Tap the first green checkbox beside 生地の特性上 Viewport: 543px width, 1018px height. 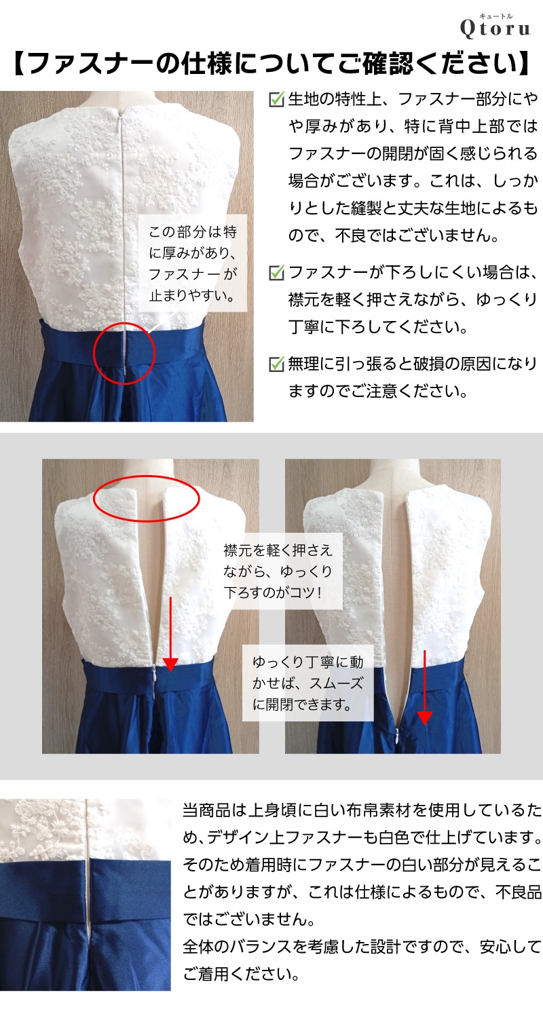point(276,100)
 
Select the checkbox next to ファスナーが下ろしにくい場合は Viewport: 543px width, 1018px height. point(276,273)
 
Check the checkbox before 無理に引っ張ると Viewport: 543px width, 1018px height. point(276,364)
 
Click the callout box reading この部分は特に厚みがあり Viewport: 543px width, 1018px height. point(193,263)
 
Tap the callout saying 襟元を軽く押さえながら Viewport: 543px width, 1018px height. point(278,571)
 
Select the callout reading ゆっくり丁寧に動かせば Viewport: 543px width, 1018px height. point(307,683)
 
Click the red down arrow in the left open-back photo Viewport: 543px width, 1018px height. point(170,634)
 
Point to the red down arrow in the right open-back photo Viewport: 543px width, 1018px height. point(425,687)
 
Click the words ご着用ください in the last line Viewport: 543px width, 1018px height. point(241,974)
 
